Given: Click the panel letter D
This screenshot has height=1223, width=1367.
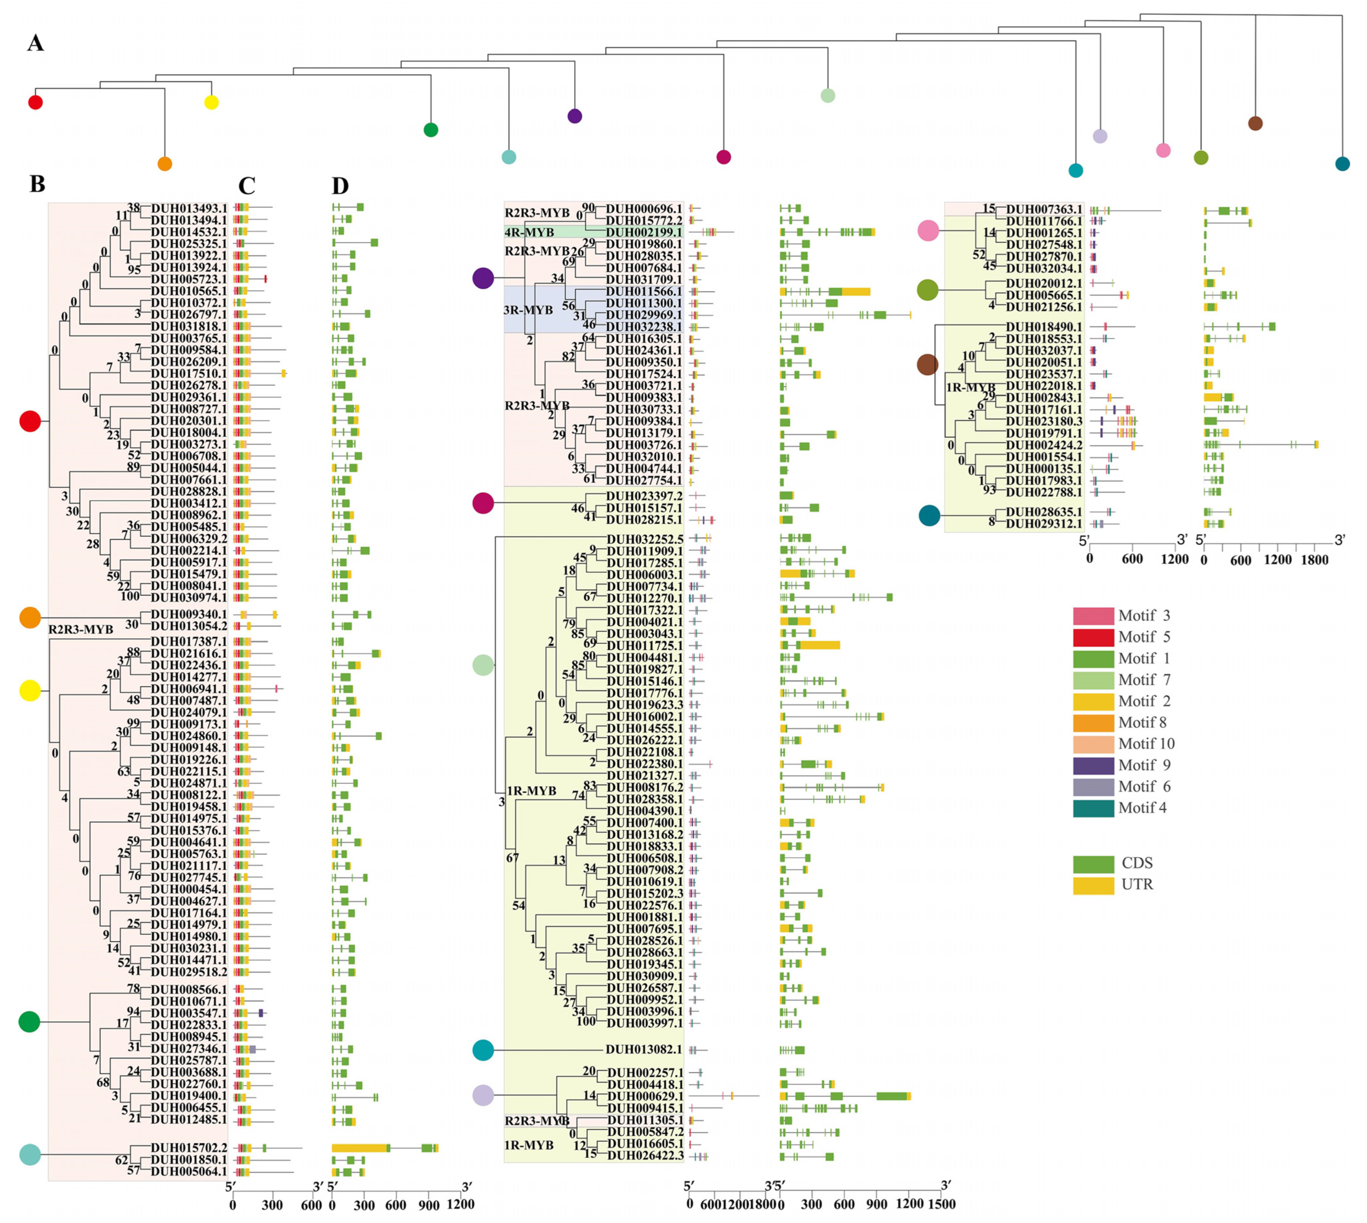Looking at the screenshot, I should click(341, 186).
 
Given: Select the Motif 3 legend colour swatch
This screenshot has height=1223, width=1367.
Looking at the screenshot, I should click(1093, 616).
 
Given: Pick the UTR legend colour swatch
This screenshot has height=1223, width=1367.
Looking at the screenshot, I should click(1093, 884).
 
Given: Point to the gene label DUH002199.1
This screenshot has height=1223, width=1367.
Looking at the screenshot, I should click(643, 233).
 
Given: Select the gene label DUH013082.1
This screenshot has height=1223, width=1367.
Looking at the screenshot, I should click(643, 1050).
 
